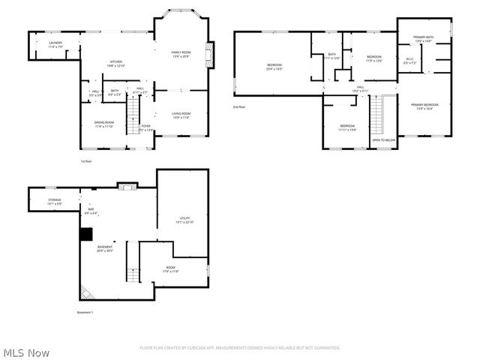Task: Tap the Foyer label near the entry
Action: tap(145, 127)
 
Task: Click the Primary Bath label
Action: tap(424, 38)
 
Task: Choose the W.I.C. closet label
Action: tap(409, 61)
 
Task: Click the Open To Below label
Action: tap(384, 139)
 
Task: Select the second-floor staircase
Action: tap(377, 116)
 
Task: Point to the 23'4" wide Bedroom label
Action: tap(274, 67)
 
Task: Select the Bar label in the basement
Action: tap(91, 211)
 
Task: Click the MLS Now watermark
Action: tap(26, 352)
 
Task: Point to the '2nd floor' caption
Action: tap(240, 107)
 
